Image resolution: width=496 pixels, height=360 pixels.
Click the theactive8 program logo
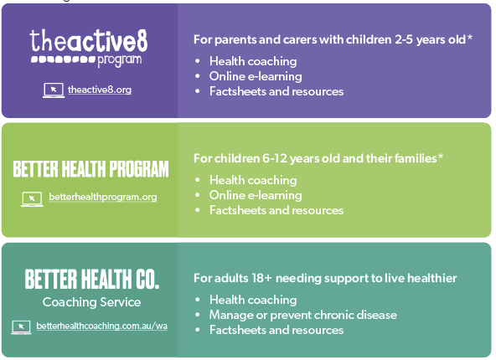click(89, 48)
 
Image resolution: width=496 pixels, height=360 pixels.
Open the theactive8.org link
click(100, 90)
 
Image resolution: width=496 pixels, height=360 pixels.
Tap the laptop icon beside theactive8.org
click(54, 90)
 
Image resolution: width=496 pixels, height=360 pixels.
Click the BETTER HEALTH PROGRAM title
click(90, 169)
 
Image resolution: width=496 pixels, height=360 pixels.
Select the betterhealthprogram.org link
click(103, 197)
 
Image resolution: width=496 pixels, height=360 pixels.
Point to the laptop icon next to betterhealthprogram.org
click(32, 198)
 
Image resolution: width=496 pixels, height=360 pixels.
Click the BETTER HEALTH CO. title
click(91, 279)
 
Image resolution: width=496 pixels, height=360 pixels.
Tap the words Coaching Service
click(91, 302)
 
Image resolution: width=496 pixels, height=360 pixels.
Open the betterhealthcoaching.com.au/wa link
click(102, 326)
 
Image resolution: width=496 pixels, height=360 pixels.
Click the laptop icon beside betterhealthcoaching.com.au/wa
click(21, 327)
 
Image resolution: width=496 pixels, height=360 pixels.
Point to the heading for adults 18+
click(325, 278)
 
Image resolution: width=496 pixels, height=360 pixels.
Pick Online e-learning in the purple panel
click(256, 76)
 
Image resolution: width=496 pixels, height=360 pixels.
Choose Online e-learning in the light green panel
click(256, 195)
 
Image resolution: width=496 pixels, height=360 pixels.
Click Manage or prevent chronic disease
click(303, 315)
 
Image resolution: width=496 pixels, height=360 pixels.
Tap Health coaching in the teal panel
click(253, 300)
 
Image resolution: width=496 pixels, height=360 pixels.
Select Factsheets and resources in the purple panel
click(276, 91)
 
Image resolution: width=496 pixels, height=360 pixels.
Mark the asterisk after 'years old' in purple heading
click(469, 38)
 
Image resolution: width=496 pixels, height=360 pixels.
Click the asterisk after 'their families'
click(441, 156)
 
